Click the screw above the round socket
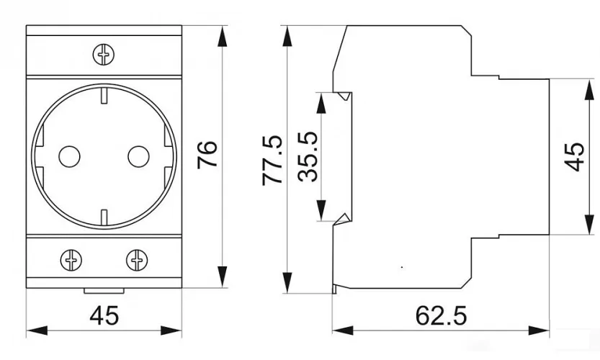(104, 53)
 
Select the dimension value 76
(207, 155)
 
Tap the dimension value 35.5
(308, 157)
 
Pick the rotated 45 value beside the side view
(574, 156)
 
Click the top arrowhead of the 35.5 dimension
(322, 100)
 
